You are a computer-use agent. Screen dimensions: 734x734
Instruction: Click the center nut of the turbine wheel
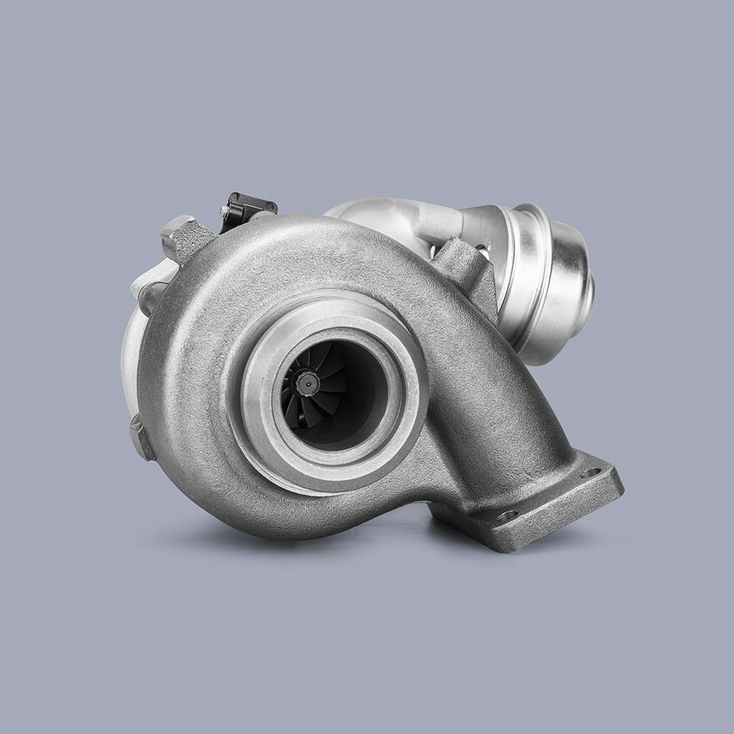click(x=306, y=381)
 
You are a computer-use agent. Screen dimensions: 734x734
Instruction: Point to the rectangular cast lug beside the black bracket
click(x=182, y=239)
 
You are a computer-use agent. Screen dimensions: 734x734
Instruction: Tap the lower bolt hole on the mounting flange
click(x=504, y=517)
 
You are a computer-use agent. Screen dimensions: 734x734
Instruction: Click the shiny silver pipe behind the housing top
click(x=382, y=213)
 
